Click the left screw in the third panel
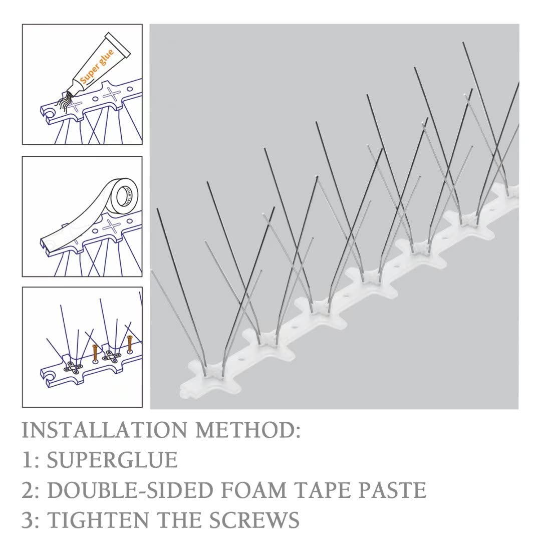pyautogui.click(x=95, y=353)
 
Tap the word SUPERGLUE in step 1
pyautogui.click(x=112, y=460)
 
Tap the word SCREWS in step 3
pyautogui.click(x=255, y=519)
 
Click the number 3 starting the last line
pyautogui.click(x=27, y=520)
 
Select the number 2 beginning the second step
pyautogui.click(x=27, y=490)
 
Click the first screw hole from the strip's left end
pyautogui.click(x=242, y=359)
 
